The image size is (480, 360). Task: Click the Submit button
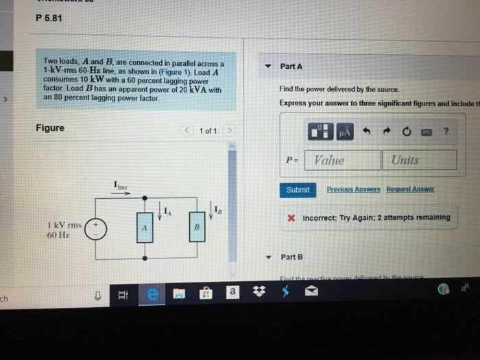[x=298, y=190]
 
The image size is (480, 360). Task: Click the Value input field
[x=341, y=160]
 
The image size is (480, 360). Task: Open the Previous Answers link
[x=353, y=189]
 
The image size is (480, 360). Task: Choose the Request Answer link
[x=410, y=189]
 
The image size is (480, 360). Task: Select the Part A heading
[x=291, y=67]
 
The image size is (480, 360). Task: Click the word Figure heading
[x=50, y=128]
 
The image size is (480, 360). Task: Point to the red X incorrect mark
[x=291, y=218]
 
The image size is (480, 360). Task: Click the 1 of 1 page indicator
[x=208, y=131]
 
